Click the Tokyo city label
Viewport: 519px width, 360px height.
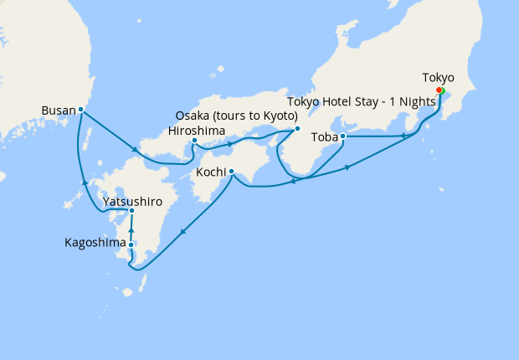point(439,78)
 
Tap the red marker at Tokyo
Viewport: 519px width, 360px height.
point(439,90)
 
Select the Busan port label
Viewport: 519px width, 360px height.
point(57,110)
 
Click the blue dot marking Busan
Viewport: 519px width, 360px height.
point(81,109)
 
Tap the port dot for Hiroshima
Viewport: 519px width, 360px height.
point(194,141)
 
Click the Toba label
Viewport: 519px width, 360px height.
point(324,136)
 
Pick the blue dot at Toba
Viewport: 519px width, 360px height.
point(343,136)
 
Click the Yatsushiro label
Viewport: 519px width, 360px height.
point(132,202)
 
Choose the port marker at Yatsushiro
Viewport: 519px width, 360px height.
point(132,210)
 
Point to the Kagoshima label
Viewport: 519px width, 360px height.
point(95,243)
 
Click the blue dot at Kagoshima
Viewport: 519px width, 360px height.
point(131,244)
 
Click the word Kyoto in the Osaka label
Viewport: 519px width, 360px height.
point(279,116)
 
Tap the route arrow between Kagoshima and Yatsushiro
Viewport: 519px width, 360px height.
point(132,227)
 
